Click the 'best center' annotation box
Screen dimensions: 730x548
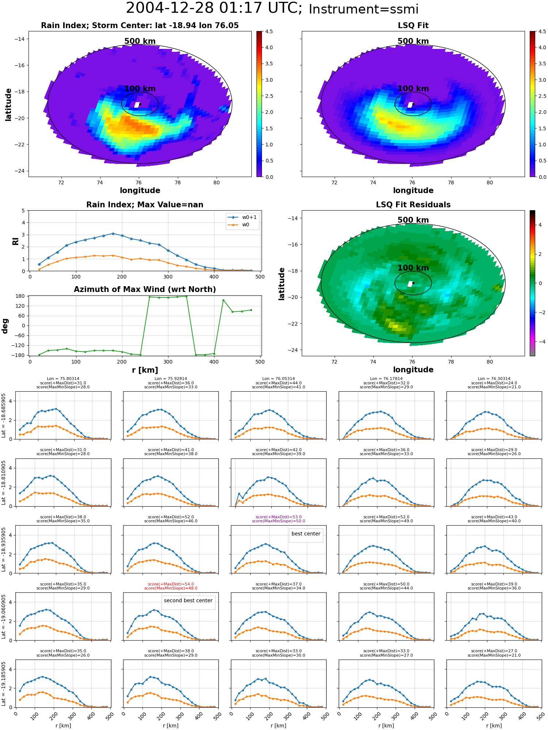point(306,534)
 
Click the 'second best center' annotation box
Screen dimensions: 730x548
point(188,601)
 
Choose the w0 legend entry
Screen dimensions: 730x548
point(246,225)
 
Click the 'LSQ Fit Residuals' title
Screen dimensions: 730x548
point(413,205)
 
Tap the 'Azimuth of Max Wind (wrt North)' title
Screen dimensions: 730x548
point(145,289)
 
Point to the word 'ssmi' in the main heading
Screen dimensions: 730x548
point(402,9)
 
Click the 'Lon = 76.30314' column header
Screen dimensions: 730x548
point(494,379)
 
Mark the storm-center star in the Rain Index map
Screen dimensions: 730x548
point(140,104)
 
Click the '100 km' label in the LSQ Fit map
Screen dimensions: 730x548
point(413,89)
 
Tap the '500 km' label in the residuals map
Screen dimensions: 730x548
point(413,220)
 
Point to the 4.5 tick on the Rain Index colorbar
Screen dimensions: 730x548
point(269,32)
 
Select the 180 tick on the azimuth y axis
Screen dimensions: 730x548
point(20,296)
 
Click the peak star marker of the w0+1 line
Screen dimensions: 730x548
point(113,234)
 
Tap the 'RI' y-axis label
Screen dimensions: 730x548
point(16,241)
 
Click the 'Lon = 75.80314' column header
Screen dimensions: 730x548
point(63,379)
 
